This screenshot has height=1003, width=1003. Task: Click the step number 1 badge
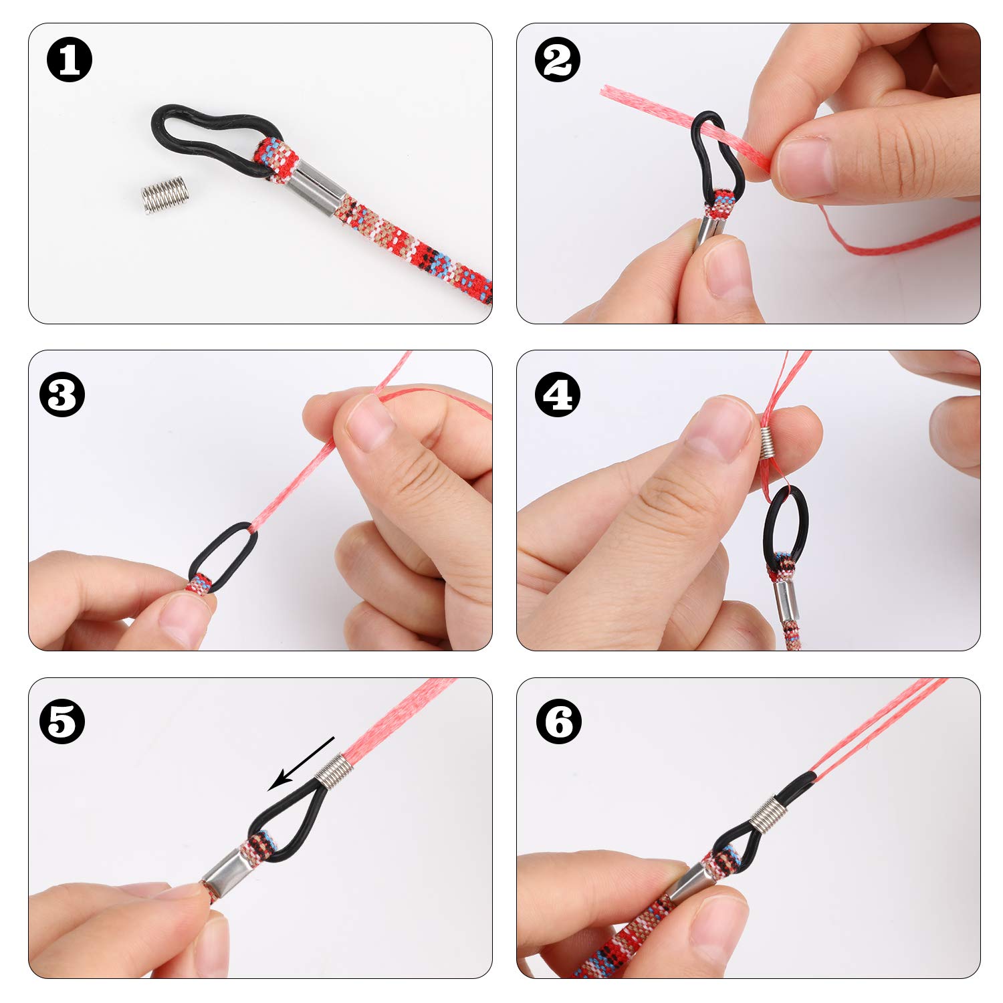pos(70,60)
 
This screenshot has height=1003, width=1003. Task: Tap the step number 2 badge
pos(558,60)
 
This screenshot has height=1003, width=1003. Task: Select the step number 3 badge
pos(62,395)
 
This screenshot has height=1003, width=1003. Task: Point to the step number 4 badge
pos(558,395)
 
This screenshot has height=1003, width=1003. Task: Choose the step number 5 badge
pos(62,721)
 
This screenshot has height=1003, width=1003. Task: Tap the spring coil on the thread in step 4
pos(769,443)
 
